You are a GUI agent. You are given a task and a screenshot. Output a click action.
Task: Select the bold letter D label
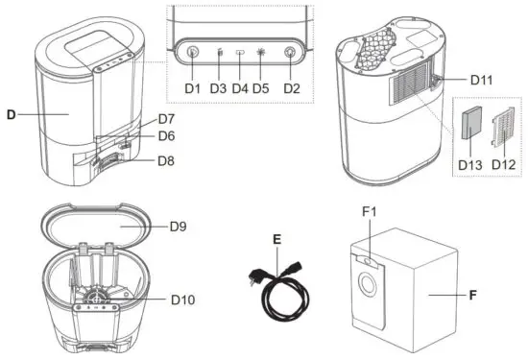pos(11,114)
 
